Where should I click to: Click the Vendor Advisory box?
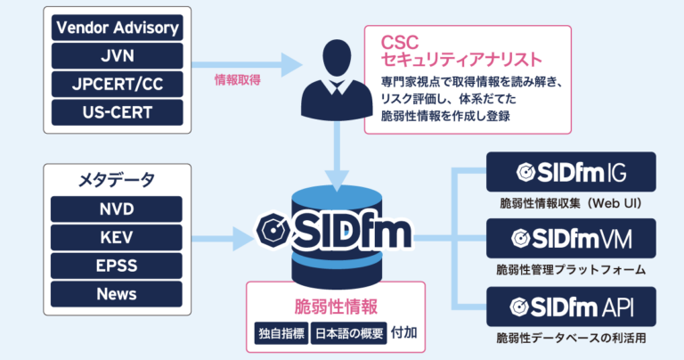click(x=117, y=28)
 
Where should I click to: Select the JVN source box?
click(x=117, y=56)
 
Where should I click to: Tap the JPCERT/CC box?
click(x=117, y=85)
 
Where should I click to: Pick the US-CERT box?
click(x=117, y=113)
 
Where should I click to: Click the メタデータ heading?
click(x=117, y=179)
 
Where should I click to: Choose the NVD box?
click(x=117, y=209)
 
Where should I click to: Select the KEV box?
click(x=117, y=238)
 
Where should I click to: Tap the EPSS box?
click(x=117, y=266)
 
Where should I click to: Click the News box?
click(x=117, y=295)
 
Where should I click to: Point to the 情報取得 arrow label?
click(x=237, y=79)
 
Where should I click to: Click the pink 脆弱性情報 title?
click(x=336, y=306)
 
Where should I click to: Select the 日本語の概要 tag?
click(x=347, y=335)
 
